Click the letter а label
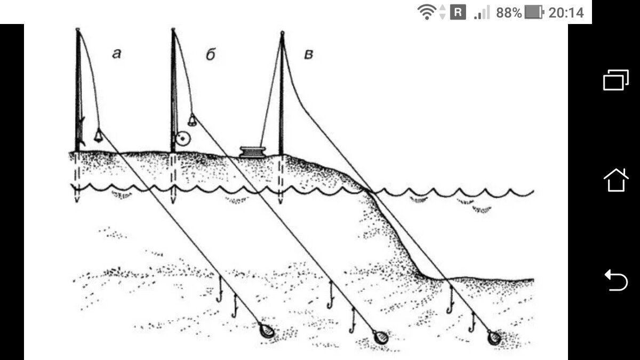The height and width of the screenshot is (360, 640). point(117,53)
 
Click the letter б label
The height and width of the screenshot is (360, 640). point(210,54)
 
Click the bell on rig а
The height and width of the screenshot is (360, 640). point(99,135)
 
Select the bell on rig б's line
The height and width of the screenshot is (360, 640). point(192,121)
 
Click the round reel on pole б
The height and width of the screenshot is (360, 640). point(183,139)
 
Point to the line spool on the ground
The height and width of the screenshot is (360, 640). point(252,151)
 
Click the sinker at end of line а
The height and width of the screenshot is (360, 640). point(267,331)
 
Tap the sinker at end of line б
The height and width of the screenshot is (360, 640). point(381,338)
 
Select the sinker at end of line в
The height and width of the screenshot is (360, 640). point(494,338)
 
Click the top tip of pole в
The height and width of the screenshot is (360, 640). point(282,34)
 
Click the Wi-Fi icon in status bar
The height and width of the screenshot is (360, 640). point(427,12)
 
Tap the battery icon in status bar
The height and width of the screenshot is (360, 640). point(534,12)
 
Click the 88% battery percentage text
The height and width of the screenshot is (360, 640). point(508,12)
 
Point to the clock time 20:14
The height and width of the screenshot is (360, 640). point(566,12)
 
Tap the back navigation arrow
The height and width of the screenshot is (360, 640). point(616,280)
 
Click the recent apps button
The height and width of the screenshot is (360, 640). point(616,80)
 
